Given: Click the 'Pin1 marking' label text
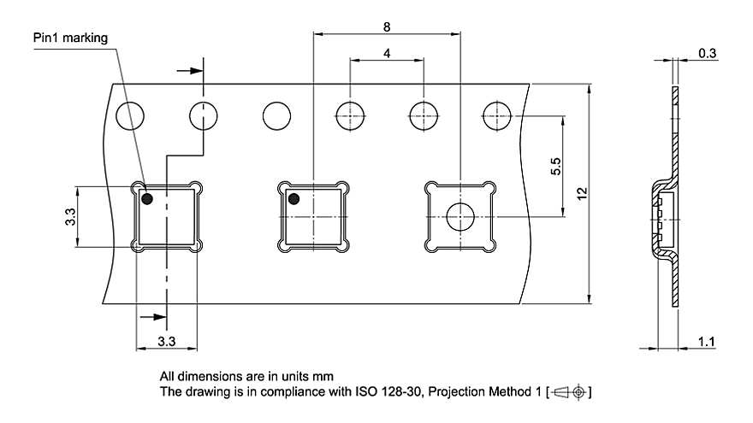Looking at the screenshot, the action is [70, 38].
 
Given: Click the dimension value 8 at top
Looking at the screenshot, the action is [387, 27].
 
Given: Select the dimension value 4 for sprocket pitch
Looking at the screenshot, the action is [387, 53].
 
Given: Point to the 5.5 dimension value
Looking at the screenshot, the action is [555, 166].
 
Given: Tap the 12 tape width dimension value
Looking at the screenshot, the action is [582, 194].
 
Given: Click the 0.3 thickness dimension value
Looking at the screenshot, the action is [707, 53].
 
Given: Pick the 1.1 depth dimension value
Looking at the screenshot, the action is [706, 342].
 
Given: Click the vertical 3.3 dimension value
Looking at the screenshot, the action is [70, 216].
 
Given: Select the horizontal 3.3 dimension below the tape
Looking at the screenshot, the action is [166, 341].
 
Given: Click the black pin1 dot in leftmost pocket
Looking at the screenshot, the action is [147, 198].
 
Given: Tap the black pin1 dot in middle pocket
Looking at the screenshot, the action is [293, 198].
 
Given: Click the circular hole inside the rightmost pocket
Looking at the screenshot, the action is [460, 217].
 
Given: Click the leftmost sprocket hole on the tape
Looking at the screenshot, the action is [130, 116].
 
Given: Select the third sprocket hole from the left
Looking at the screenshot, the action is [276, 116].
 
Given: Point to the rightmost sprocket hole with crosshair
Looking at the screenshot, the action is [497, 116].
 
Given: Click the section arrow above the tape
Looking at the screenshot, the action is [190, 71].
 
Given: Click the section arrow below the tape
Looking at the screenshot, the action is [152, 317].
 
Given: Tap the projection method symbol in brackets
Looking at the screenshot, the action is [569, 392].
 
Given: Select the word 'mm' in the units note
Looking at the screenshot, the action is [323, 377].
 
